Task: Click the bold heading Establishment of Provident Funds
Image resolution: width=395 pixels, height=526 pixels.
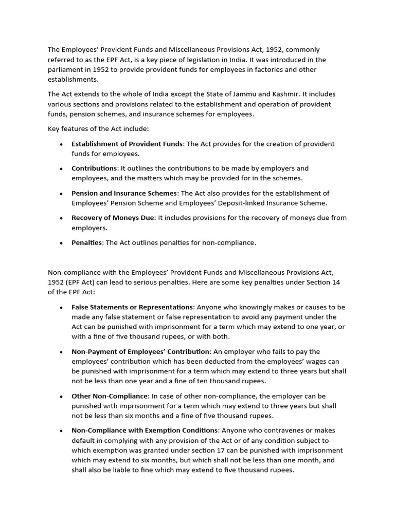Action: pyautogui.click(x=127, y=144)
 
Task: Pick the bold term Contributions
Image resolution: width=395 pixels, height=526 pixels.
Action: pyautogui.click(x=95, y=168)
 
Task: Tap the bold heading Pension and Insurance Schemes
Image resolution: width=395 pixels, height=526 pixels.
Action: pyautogui.click(x=124, y=193)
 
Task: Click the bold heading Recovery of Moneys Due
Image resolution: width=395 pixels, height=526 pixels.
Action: pyautogui.click(x=113, y=218)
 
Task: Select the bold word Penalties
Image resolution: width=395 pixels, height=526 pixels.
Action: pyautogui.click(x=87, y=242)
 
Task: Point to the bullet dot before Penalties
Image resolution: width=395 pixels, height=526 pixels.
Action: pyautogui.click(x=62, y=243)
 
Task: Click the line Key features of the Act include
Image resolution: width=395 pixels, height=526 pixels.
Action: pyautogui.click(x=98, y=128)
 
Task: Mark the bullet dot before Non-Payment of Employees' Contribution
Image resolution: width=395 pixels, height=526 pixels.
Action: pyautogui.click(x=62, y=352)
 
